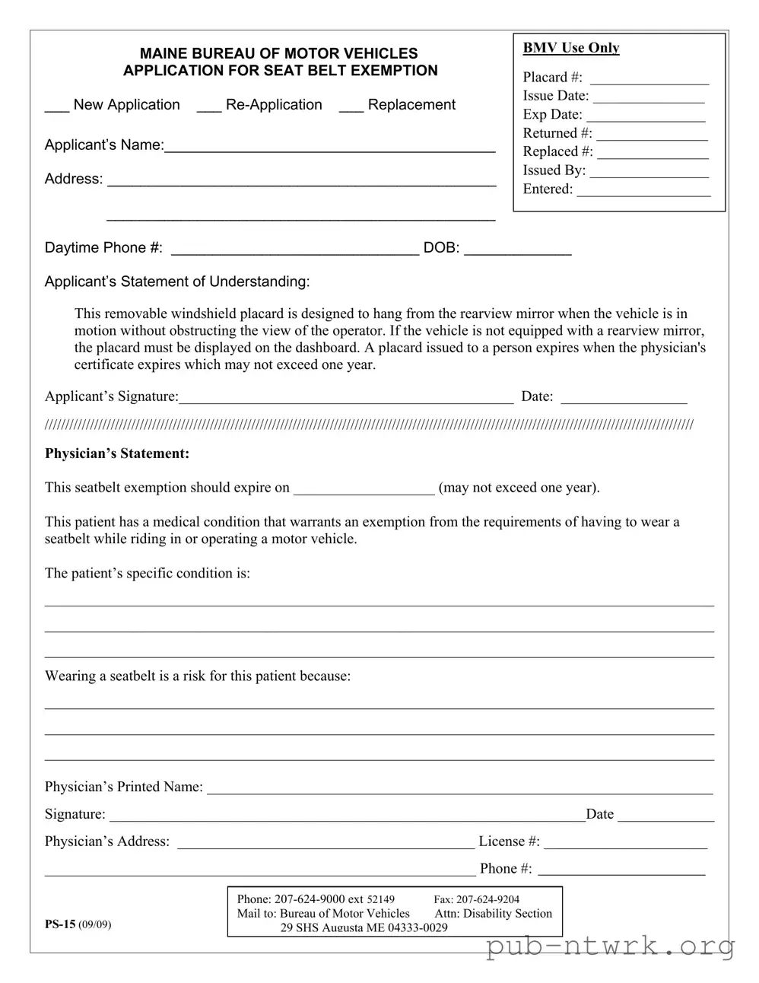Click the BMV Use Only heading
(571, 48)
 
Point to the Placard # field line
(649, 81)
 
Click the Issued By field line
(649, 174)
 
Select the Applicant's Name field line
(330, 149)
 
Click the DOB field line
(517, 252)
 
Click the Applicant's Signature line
(346, 400)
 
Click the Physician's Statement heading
(117, 453)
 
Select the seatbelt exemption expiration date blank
(364, 491)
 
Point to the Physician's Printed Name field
(460, 791)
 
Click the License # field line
(626, 845)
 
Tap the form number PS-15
(60, 924)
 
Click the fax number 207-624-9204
(487, 899)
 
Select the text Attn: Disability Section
(494, 914)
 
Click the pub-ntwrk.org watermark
(610, 946)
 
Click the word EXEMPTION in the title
(393, 71)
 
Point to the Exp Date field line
(646, 119)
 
